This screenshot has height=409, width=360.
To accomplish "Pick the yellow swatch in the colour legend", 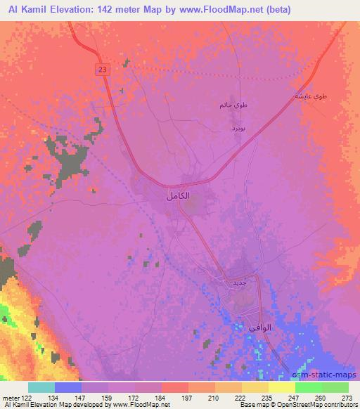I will click(x=281, y=387).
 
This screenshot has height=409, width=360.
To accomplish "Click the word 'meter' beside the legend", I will click(x=11, y=398).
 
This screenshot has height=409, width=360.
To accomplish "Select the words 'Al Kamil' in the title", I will click(x=25, y=10).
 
